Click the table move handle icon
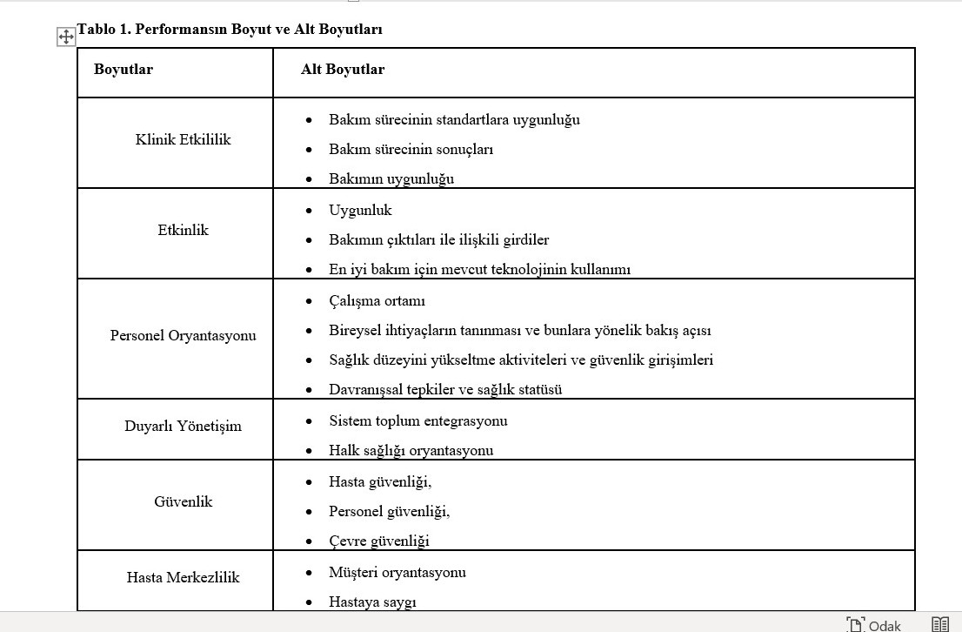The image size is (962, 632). (66, 37)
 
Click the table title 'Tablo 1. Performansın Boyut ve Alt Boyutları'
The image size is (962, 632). (230, 29)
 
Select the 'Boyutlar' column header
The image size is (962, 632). (124, 70)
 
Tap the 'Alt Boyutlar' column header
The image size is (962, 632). (343, 70)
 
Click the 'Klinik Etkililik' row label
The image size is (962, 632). (183, 139)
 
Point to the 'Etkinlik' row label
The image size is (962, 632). (183, 230)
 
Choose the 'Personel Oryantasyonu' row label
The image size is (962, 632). (183, 335)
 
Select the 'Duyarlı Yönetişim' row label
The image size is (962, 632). (183, 426)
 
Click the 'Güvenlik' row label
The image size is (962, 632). (183, 501)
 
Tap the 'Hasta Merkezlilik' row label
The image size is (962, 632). (183, 577)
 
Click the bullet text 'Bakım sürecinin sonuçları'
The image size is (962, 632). (411, 149)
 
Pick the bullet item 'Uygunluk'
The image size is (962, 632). (360, 210)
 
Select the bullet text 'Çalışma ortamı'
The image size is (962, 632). (377, 300)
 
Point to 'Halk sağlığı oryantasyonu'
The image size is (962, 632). (411, 450)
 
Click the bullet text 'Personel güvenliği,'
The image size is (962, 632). (389, 511)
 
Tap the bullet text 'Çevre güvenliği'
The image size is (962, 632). (378, 541)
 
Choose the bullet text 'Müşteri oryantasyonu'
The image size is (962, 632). (397, 572)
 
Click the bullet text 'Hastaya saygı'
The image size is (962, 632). (372, 602)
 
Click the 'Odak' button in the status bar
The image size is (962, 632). (875, 624)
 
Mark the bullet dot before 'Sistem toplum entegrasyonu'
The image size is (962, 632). (309, 420)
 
